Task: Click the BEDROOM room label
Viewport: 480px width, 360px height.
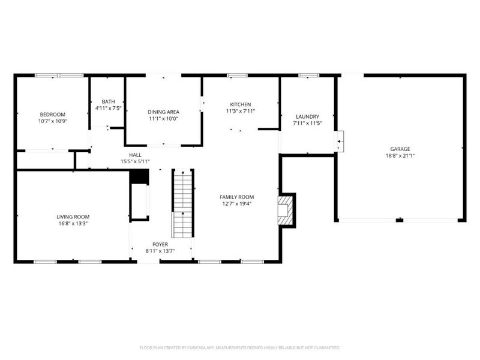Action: (53, 115)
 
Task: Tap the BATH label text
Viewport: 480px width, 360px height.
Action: (108, 101)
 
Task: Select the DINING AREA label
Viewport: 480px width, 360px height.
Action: (163, 112)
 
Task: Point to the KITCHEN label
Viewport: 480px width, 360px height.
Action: (241, 104)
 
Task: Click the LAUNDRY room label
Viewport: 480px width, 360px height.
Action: (307, 116)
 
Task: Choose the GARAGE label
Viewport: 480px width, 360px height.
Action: (400, 149)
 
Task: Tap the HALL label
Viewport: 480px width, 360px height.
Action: (135, 154)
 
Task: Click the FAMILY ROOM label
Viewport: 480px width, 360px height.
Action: (237, 197)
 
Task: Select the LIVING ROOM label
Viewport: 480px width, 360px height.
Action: (73, 217)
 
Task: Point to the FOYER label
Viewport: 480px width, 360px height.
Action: (160, 244)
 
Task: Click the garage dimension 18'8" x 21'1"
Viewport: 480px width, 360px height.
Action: (400, 155)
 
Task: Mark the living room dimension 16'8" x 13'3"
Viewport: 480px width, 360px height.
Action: (73, 223)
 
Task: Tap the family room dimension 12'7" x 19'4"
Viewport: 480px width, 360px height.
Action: (237, 203)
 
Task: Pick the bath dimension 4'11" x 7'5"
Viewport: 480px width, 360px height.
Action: (108, 109)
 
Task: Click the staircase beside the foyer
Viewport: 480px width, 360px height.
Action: (182, 204)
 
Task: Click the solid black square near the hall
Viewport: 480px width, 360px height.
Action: (139, 177)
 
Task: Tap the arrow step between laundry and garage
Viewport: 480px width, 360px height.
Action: (340, 142)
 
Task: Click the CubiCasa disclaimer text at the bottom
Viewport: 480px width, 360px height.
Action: (240, 347)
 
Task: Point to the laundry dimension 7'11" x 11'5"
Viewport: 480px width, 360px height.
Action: (307, 123)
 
